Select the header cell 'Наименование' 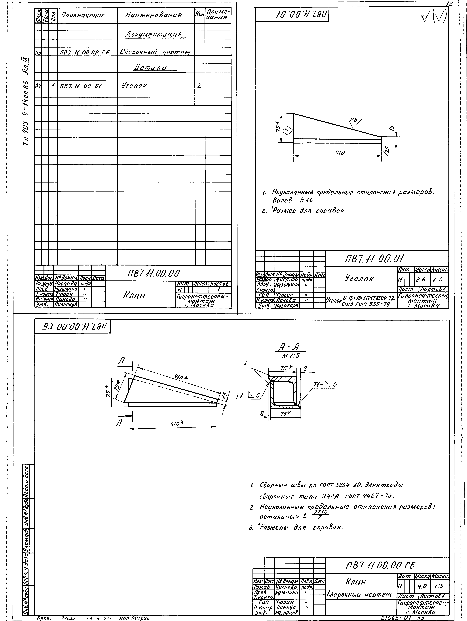coord(154,15)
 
